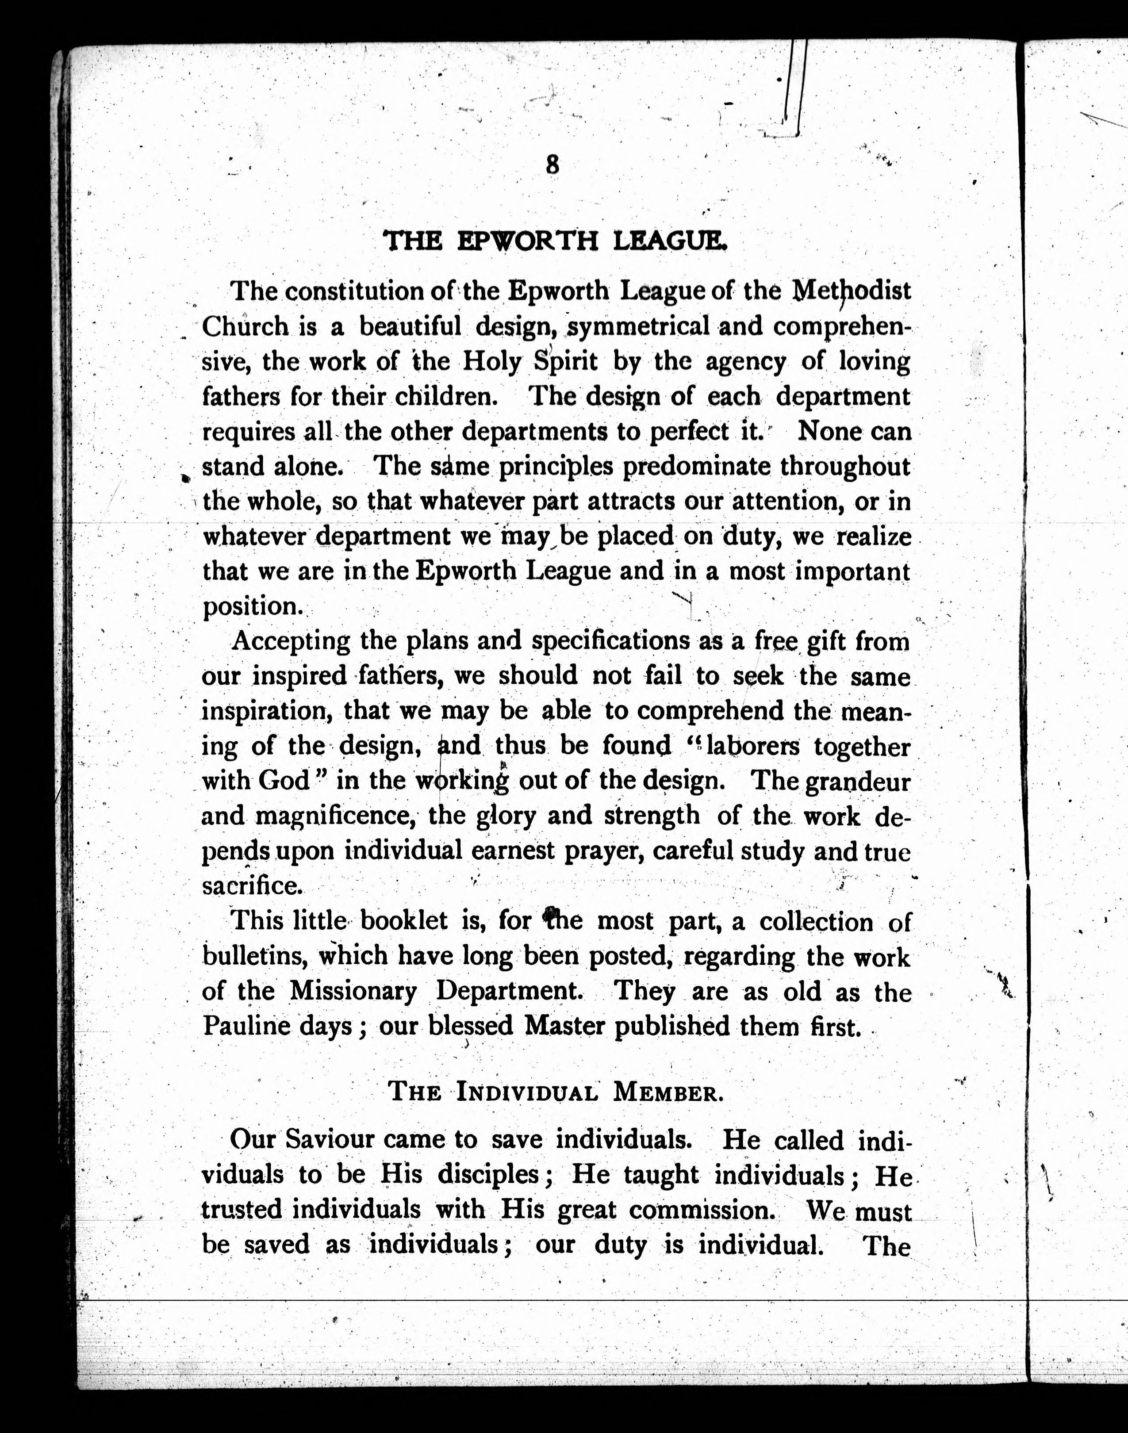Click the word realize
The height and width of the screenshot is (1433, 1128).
coord(874,536)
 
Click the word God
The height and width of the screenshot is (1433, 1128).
coord(284,781)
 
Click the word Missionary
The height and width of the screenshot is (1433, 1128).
coord(353,991)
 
